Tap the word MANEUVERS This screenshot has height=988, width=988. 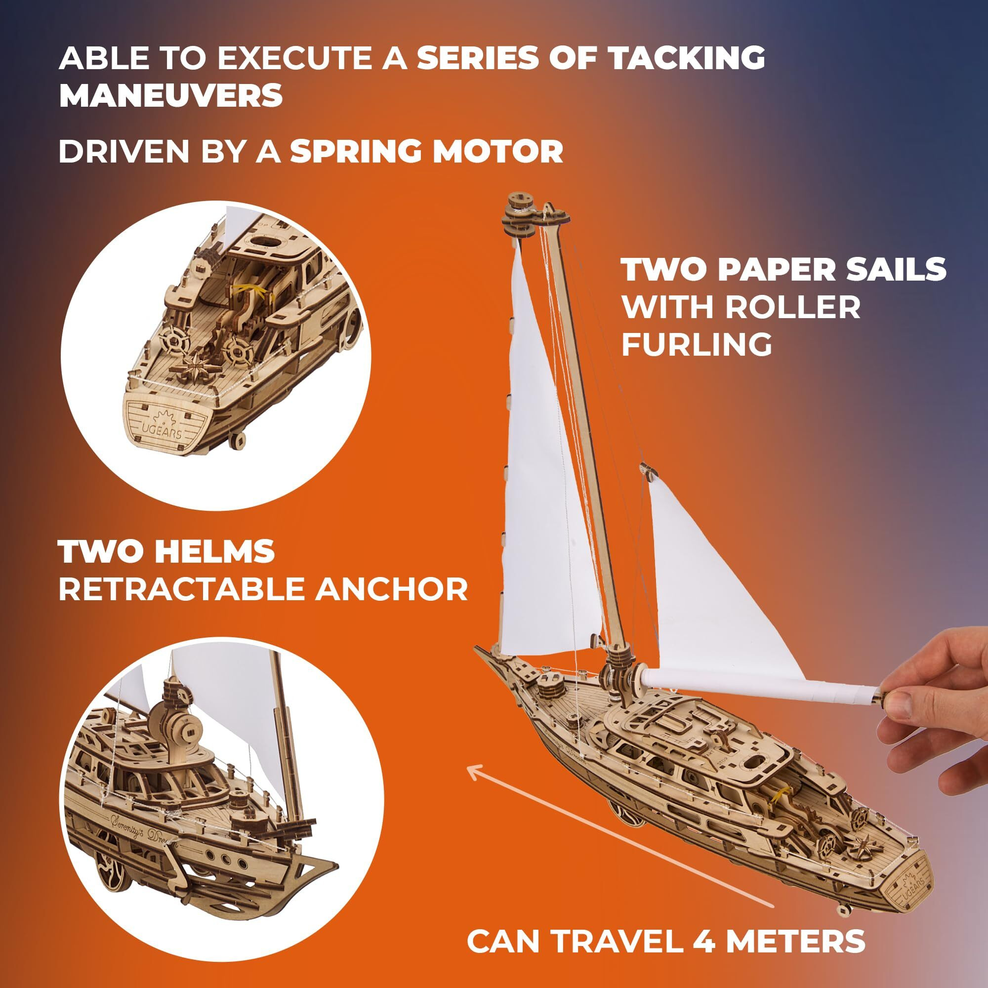(x=171, y=95)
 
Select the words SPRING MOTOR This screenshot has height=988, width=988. (x=426, y=152)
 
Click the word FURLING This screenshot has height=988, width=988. (x=697, y=344)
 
